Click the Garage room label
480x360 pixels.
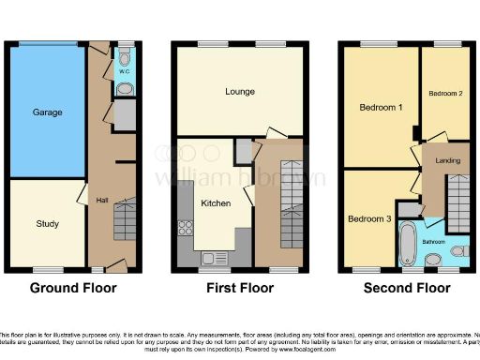[48, 112]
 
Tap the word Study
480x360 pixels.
[47, 224]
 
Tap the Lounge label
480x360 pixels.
[240, 92]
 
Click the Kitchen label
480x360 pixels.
[216, 202]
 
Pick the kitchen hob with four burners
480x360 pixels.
[186, 226]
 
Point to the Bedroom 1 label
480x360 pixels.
[382, 108]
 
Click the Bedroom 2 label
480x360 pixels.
[446, 94]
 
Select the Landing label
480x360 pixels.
[447, 160]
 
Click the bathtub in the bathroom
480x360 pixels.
[410, 242]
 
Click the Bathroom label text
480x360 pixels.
[434, 242]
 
